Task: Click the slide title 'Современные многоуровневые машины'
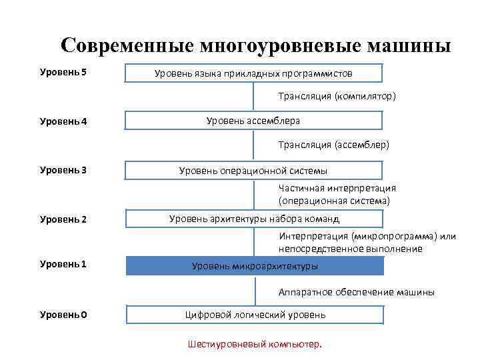click(255, 45)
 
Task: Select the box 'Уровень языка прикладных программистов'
click(253, 73)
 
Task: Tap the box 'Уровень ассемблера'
click(253, 121)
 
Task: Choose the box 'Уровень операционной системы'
click(253, 171)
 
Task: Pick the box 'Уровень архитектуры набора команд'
click(254, 219)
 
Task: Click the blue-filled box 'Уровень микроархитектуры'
click(255, 266)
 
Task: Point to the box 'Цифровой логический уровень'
click(255, 314)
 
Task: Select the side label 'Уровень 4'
click(63, 121)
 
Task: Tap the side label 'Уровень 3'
click(63, 170)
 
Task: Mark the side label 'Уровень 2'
click(63, 219)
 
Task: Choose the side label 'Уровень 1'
click(63, 264)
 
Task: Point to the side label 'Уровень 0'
click(63, 313)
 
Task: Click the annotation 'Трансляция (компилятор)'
click(337, 97)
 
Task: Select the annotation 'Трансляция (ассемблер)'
click(334, 144)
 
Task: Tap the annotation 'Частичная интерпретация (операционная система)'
click(337, 194)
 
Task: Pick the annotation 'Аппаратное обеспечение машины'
click(357, 292)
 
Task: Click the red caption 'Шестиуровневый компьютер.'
click(255, 345)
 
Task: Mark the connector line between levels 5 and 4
click(255, 97)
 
